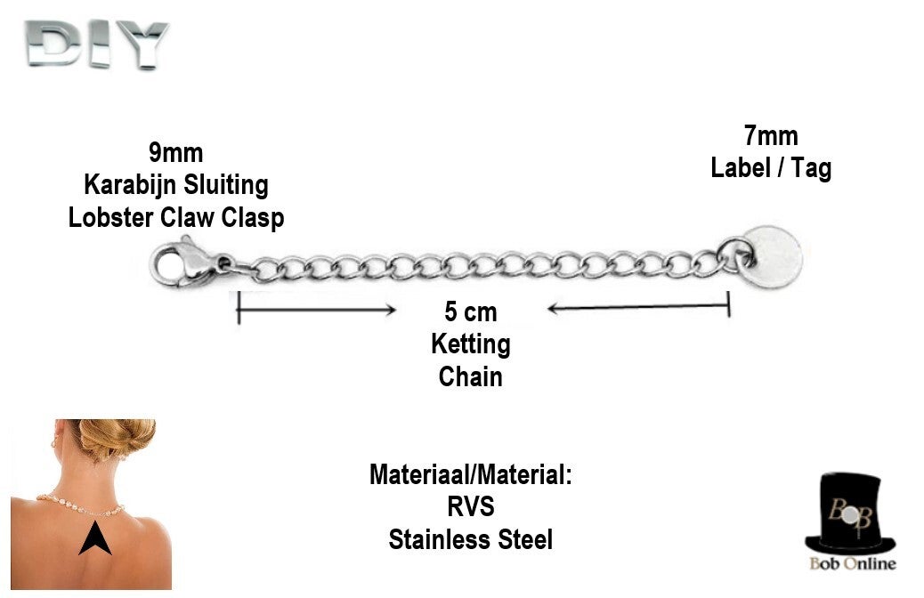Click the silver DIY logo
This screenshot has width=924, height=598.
(x=96, y=44)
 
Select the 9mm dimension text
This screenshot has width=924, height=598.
(x=175, y=153)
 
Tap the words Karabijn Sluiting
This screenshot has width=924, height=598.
(x=175, y=185)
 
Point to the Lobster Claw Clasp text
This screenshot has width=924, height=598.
(x=176, y=217)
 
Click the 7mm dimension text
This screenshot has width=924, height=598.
(x=771, y=136)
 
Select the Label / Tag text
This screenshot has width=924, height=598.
(x=771, y=167)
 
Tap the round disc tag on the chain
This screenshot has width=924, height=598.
(x=773, y=253)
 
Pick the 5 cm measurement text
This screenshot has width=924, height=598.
(x=470, y=312)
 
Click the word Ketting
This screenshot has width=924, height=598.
(x=470, y=343)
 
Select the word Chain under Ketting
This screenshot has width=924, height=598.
(x=470, y=376)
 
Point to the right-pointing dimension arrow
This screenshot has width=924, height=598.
(x=316, y=310)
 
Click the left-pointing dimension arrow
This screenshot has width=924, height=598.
(x=638, y=308)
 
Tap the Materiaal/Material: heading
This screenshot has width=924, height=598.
(x=470, y=474)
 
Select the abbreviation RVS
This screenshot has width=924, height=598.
(x=470, y=506)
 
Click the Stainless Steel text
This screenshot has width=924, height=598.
(x=470, y=538)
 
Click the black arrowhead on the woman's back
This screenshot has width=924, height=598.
(x=94, y=538)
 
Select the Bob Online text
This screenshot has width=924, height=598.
(x=852, y=563)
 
